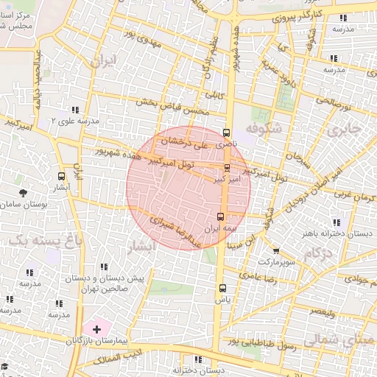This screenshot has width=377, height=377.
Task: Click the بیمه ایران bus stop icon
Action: pyautogui.click(x=221, y=216)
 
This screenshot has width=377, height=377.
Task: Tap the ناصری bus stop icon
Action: pyautogui.click(x=226, y=133)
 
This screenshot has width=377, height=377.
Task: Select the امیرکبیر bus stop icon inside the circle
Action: pyautogui.click(x=226, y=167)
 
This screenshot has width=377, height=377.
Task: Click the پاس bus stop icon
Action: pyautogui.click(x=222, y=288)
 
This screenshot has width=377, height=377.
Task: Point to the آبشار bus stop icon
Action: pyautogui.click(x=61, y=176)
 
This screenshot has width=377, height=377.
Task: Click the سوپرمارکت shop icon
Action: pyautogui.click(x=275, y=251)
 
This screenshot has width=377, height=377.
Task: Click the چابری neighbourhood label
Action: pyautogui.click(x=345, y=130)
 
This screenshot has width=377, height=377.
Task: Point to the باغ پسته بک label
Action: pyautogui.click(x=35, y=241)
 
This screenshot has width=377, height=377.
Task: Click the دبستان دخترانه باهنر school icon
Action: pyautogui.click(x=337, y=222)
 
